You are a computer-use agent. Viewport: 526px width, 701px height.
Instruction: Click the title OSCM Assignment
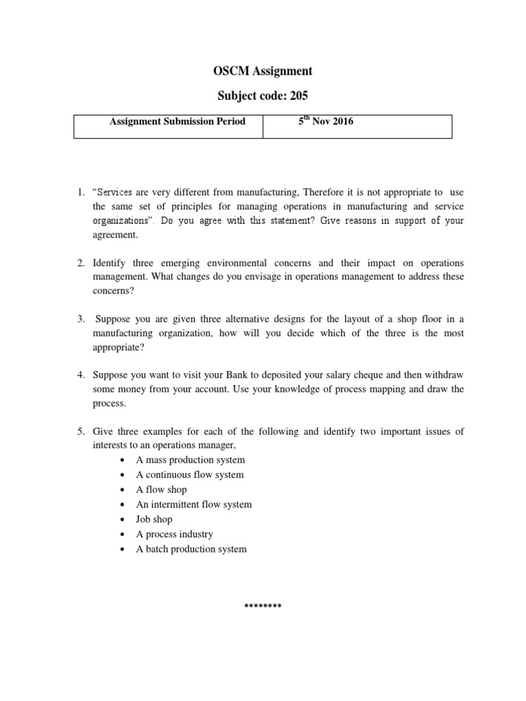tap(263, 71)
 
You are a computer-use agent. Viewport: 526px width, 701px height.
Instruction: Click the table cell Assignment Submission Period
tap(177, 122)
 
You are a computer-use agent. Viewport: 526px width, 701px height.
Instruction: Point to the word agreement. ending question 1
tap(116, 235)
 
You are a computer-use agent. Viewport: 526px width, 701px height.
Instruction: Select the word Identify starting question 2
tap(110, 264)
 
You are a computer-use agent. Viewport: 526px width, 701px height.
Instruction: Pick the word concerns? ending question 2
tap(114, 291)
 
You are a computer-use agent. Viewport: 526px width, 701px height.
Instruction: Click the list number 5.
tap(80, 431)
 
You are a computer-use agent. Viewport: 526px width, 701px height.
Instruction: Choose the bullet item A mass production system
tap(190, 459)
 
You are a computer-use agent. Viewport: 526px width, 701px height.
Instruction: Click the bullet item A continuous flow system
tap(190, 474)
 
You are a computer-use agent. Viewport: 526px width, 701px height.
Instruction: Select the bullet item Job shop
tap(154, 519)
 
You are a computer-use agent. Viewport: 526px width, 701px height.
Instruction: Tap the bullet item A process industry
tap(175, 534)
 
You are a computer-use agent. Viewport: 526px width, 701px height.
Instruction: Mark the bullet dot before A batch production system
tap(122, 549)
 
